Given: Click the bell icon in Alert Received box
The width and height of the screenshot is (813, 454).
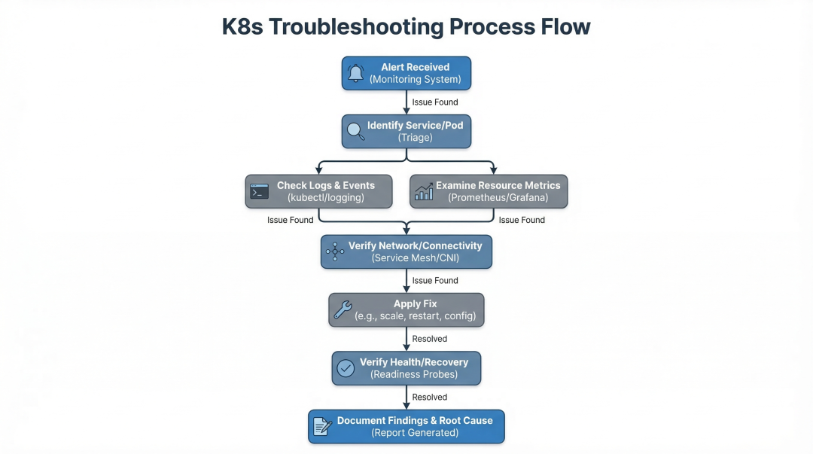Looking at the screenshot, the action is [x=355, y=73].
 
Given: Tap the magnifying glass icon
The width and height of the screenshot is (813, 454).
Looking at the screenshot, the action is [x=355, y=131].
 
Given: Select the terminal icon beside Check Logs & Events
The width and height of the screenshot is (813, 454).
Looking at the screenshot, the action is [x=259, y=191].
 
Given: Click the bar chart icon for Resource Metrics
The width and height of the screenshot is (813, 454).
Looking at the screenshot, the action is [x=424, y=191].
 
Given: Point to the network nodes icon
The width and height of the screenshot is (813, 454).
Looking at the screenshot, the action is [x=335, y=251].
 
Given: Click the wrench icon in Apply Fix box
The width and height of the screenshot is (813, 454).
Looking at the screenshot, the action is [x=343, y=309].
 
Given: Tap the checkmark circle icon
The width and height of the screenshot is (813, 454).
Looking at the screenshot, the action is [x=346, y=368].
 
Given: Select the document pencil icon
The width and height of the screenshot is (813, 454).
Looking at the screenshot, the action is [x=322, y=426].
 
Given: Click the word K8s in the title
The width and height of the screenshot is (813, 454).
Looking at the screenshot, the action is [x=242, y=27].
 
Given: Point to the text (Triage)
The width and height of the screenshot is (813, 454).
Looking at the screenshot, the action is [x=416, y=138].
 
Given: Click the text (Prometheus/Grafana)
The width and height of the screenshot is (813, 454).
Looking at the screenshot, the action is [x=498, y=198].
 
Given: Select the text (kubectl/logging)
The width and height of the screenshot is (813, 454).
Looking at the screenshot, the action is [x=326, y=198].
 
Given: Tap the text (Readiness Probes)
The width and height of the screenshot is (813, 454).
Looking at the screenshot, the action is [x=414, y=375].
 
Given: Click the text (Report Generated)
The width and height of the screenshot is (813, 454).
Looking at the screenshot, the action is [x=415, y=433].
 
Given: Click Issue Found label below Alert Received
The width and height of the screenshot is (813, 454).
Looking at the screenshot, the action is [x=435, y=102].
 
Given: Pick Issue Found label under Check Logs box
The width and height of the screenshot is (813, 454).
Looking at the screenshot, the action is [x=291, y=220].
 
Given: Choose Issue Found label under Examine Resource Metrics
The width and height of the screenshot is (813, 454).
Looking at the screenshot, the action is [x=522, y=220].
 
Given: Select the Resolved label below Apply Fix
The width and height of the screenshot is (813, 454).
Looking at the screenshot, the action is [x=429, y=339].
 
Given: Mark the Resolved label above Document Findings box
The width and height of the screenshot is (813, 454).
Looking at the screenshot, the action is [x=429, y=397].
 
